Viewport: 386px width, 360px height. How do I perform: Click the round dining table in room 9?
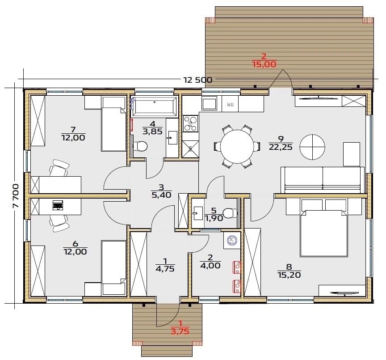237,146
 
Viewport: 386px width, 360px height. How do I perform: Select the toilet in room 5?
230,213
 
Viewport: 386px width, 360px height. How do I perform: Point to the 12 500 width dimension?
197,80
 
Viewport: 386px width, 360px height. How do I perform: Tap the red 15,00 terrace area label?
264,64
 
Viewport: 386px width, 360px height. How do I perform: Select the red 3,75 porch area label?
180,331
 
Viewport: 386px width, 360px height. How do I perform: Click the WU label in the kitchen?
230,105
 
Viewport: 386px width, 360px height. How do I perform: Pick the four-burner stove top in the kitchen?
190,123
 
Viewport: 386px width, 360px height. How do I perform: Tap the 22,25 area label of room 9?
281,147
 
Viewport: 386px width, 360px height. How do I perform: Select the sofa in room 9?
323,180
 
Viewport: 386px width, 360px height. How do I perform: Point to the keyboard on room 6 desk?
58,205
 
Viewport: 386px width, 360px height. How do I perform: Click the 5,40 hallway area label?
161,195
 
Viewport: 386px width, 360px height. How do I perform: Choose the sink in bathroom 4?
172,137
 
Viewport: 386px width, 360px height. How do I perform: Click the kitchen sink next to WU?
209,103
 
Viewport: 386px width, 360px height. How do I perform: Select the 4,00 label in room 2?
210,266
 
